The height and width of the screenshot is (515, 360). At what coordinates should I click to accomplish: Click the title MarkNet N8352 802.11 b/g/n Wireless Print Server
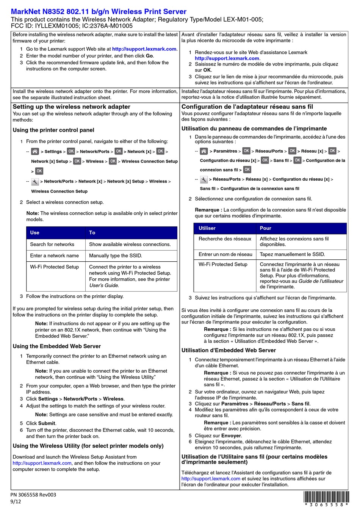[99, 12]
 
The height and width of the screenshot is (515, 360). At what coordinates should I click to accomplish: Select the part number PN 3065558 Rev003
[33, 495]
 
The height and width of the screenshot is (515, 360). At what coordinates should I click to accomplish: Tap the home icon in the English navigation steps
[35, 151]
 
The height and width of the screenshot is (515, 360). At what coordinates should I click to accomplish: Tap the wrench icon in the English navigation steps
[35, 182]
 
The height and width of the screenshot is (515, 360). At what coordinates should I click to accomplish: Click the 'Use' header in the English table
[35, 233]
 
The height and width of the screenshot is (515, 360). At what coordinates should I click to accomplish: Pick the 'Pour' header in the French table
[266, 228]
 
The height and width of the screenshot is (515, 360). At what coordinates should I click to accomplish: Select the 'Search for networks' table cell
[52, 244]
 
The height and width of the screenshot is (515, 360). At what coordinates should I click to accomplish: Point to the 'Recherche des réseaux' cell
[225, 239]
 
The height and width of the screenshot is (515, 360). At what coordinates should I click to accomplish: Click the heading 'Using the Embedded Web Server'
[57, 346]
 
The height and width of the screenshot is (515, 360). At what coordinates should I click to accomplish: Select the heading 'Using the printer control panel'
[53, 130]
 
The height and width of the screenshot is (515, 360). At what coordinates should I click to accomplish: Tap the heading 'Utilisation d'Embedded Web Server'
[229, 350]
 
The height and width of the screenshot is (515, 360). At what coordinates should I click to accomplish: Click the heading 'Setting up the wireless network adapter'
[72, 107]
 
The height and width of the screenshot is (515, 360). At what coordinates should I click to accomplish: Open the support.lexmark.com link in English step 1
[144, 49]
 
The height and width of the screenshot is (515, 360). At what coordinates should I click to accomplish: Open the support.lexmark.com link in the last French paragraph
[211, 479]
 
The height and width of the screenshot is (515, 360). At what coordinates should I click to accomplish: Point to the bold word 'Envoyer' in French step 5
[231, 436]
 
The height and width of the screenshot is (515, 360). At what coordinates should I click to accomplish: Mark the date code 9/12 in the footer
[16, 502]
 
